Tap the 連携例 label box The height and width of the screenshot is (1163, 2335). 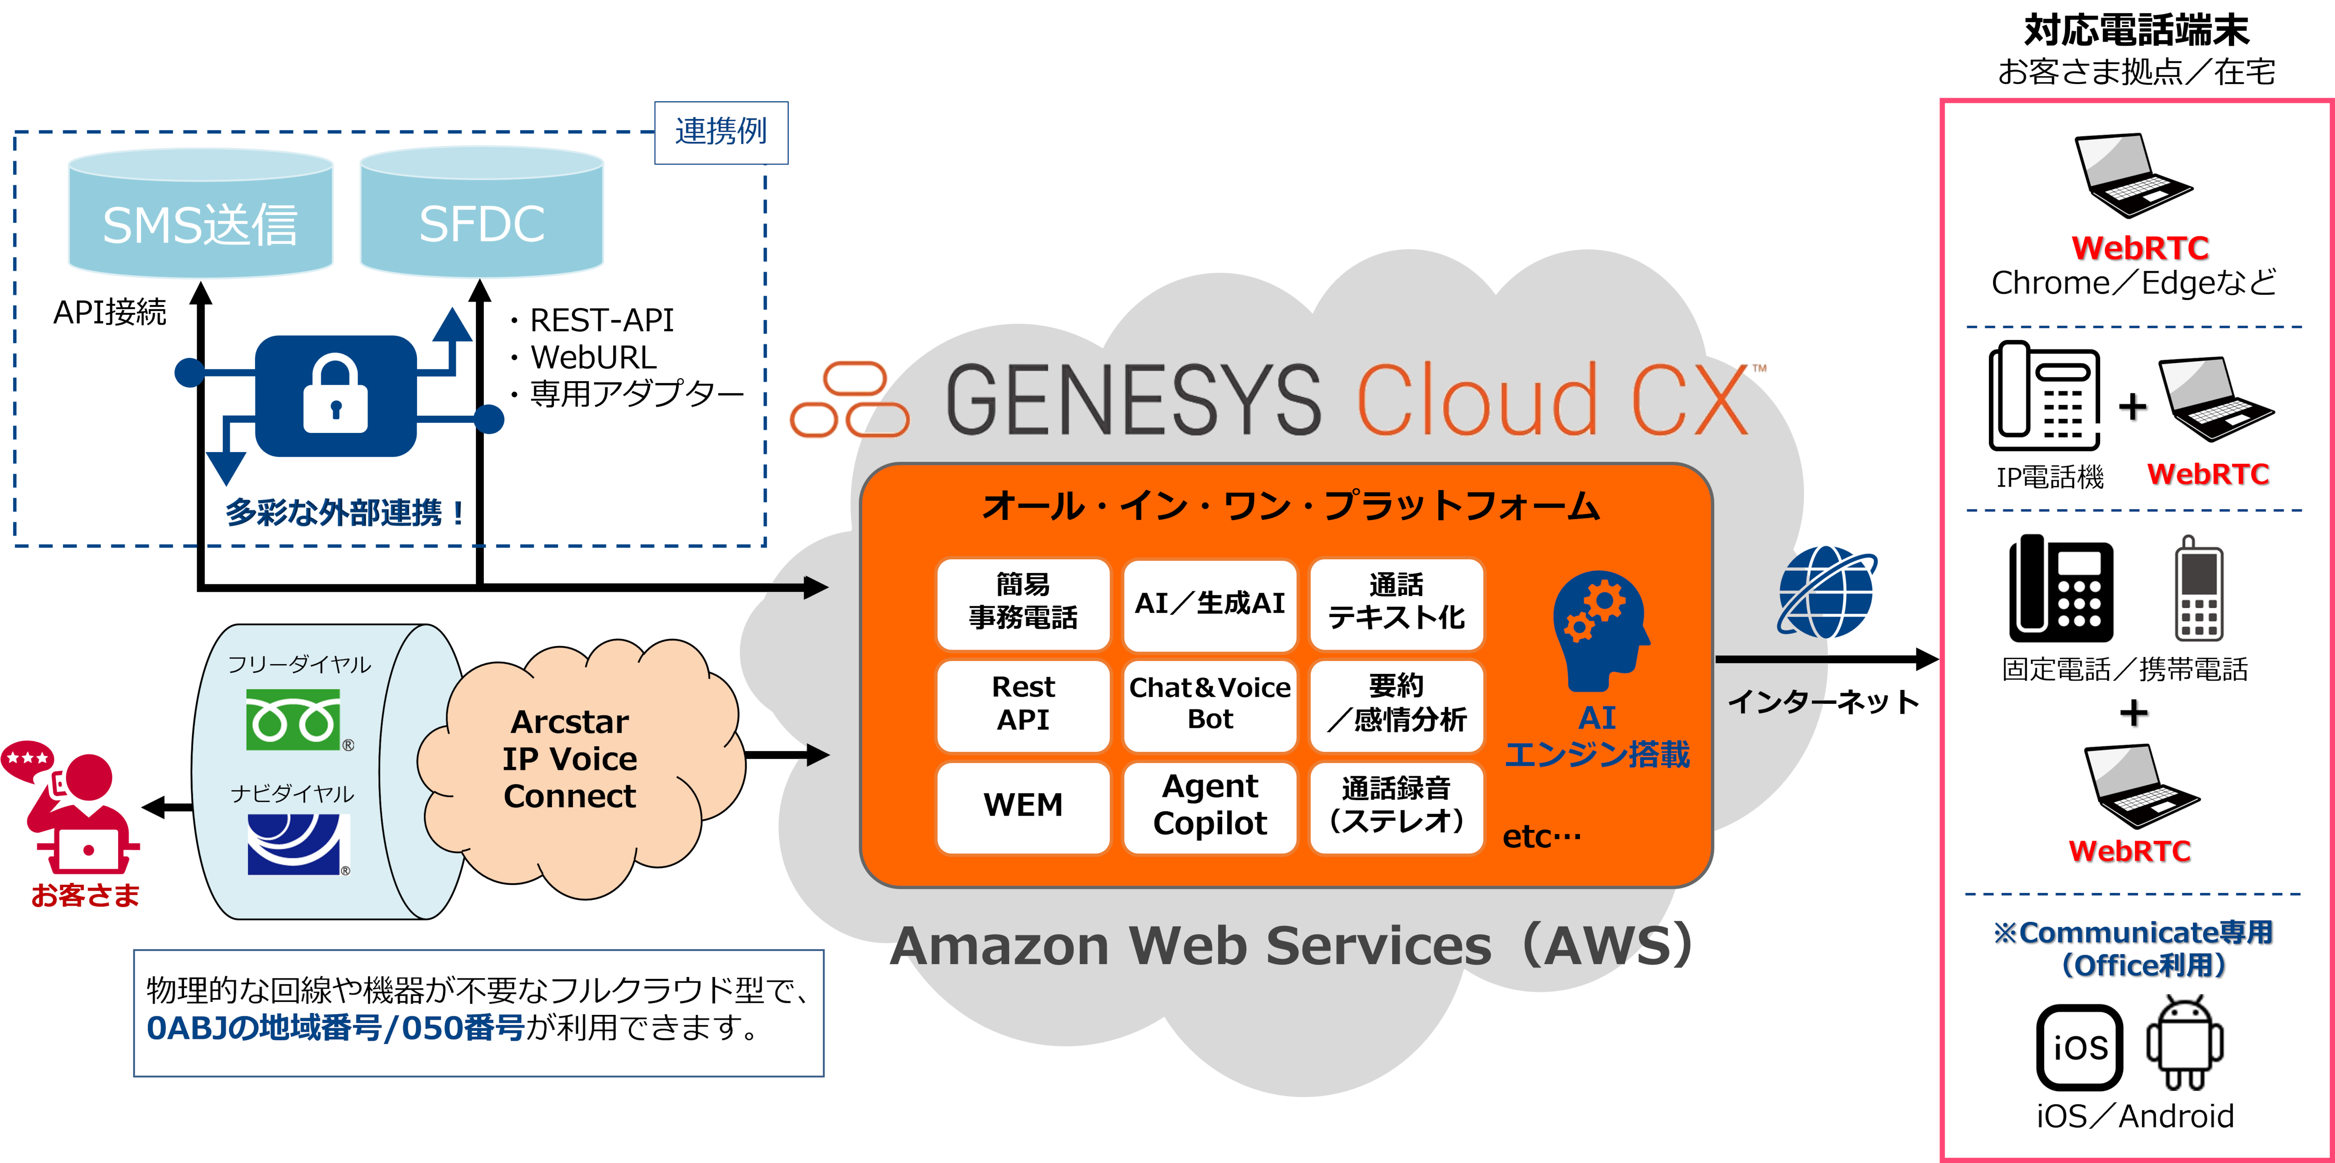721,132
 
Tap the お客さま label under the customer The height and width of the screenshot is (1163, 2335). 86,896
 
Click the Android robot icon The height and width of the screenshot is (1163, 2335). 2185,1044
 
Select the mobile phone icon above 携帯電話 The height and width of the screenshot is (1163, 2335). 2199,589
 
